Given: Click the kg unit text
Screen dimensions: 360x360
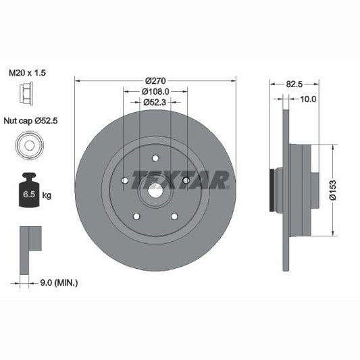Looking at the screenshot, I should (x=47, y=195).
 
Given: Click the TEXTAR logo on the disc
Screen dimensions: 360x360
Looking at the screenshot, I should (x=180, y=180).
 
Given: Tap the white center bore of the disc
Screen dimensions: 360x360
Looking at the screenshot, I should (x=154, y=190).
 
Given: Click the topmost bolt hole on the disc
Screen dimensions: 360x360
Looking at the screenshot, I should (x=155, y=159).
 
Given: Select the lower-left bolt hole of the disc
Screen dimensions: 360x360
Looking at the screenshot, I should (x=136, y=216).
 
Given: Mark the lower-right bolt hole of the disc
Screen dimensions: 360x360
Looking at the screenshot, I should (x=174, y=216).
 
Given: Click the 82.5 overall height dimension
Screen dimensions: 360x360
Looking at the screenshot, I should (x=293, y=85).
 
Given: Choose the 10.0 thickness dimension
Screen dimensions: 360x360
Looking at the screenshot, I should (x=308, y=99).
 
